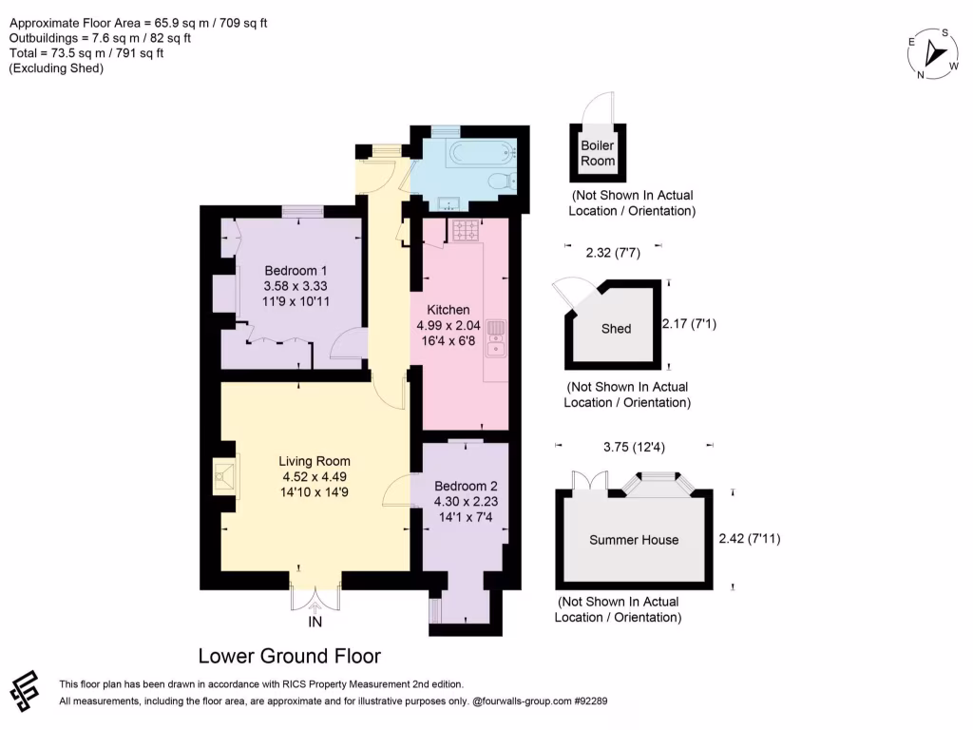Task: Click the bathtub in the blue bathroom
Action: pos(482,151)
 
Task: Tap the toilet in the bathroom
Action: pos(502,181)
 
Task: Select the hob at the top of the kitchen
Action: pos(466,230)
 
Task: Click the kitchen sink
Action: pos(496,338)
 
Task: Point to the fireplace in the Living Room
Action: pos(224,477)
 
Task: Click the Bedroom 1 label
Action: pos(296,271)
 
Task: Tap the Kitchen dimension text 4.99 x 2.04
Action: pos(448,325)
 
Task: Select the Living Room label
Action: pos(314,461)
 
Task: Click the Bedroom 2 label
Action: pos(466,486)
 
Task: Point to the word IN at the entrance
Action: pos(315,622)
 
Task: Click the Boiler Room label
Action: pos(598,153)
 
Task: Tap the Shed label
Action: pos(616,329)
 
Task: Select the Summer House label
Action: pos(634,540)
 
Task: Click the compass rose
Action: pos(934,53)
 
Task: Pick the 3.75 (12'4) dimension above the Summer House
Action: pos(634,447)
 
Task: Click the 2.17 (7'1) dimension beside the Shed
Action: pos(690,323)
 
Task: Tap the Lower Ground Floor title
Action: pos(289,656)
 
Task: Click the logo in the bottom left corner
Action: pos(25,690)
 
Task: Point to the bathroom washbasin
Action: pos(448,203)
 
